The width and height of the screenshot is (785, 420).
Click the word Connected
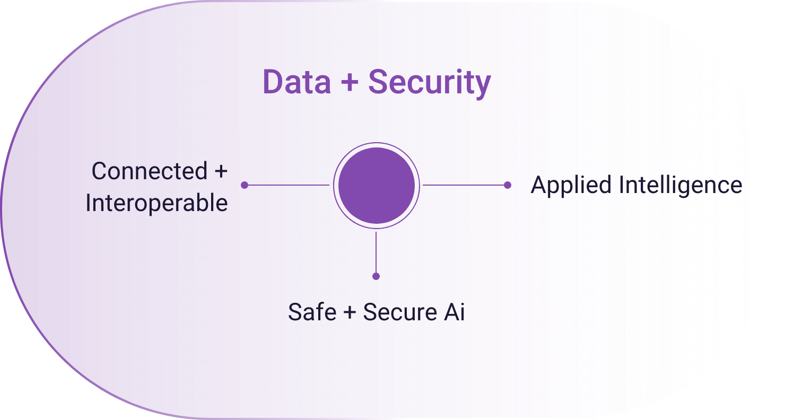(x=149, y=171)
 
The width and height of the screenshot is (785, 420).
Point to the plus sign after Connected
(x=220, y=172)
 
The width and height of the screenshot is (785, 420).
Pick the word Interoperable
(x=156, y=204)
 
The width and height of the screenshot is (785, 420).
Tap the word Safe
(x=312, y=312)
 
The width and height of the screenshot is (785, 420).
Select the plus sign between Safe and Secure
(x=349, y=312)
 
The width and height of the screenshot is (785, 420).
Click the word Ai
(x=454, y=312)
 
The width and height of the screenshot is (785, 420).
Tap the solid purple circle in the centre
(x=376, y=185)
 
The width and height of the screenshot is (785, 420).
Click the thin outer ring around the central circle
(x=376, y=144)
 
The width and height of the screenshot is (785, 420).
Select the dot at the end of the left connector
(x=245, y=185)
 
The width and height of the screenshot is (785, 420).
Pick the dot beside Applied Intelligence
(x=508, y=185)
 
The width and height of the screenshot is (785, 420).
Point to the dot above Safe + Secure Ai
(x=376, y=276)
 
